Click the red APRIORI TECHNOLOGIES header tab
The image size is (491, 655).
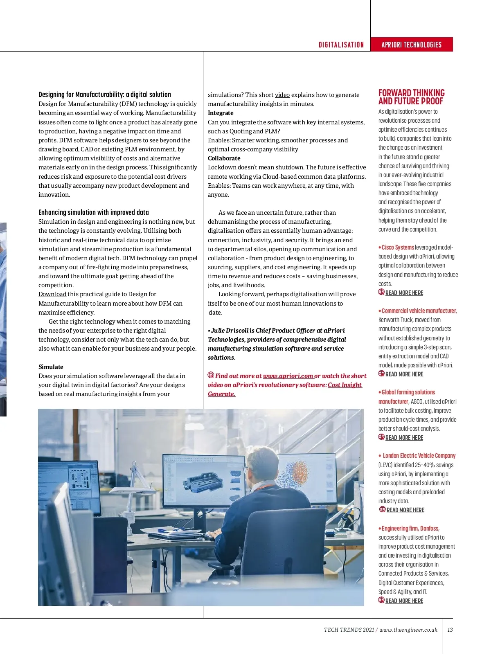pos(411,45)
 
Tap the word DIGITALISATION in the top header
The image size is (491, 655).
pos(341,45)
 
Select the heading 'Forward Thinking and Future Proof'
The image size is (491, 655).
pos(411,97)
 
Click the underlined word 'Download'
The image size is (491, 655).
pos(52,294)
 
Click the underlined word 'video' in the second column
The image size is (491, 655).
pos(282,95)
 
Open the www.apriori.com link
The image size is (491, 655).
pos(288,376)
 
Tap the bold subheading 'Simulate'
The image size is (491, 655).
pos(51,367)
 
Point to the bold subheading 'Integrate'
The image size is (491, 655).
pos(221,113)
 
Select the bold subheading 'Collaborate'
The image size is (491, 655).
pos(224,158)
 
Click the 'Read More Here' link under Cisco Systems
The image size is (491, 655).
pos(404,293)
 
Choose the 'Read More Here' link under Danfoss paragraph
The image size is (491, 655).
pos(404,601)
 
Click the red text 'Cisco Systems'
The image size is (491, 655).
pos(398,248)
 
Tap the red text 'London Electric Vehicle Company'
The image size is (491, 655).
pos(419,456)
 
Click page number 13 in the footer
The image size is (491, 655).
pos(450,630)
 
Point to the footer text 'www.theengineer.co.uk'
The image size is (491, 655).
pos(408,630)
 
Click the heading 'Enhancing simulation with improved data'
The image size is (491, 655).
pos(94,212)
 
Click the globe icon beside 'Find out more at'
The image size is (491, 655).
pos(211,375)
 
